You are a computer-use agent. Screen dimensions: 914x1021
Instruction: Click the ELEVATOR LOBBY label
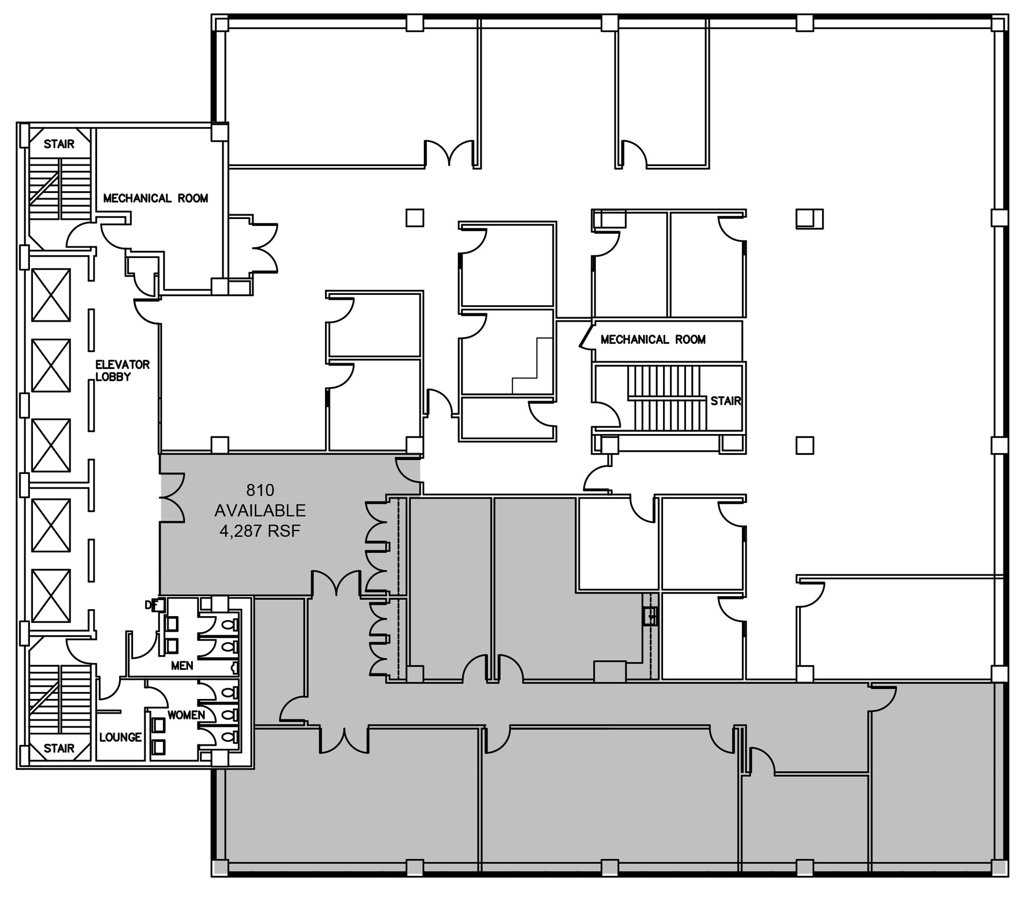click(123, 371)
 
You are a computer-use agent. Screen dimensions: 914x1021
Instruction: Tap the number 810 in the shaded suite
click(260, 489)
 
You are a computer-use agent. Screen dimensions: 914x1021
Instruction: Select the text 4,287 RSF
click(260, 531)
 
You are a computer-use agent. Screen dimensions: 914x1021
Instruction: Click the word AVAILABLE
click(260, 510)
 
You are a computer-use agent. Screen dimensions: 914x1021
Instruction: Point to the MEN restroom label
click(181, 666)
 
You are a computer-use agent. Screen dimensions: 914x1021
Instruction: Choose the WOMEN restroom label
click(185, 714)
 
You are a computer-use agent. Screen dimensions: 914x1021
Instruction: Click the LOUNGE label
click(121, 737)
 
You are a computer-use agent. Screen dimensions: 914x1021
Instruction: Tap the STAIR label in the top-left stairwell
click(59, 144)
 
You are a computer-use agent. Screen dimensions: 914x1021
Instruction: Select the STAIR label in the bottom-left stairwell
click(59, 748)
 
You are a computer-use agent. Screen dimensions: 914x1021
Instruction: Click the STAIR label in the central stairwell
click(725, 401)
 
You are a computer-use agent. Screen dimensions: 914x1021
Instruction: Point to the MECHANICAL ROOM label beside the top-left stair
click(156, 199)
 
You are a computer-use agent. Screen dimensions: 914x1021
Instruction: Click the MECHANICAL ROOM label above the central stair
click(653, 339)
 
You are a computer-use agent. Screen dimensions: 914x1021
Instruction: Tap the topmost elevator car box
click(51, 295)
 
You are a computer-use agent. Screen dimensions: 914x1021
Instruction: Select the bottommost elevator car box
click(51, 596)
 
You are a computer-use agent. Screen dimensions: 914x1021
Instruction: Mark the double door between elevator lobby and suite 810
click(172, 499)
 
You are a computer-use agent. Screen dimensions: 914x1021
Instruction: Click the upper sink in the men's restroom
click(171, 624)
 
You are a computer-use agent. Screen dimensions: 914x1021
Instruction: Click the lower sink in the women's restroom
click(159, 747)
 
